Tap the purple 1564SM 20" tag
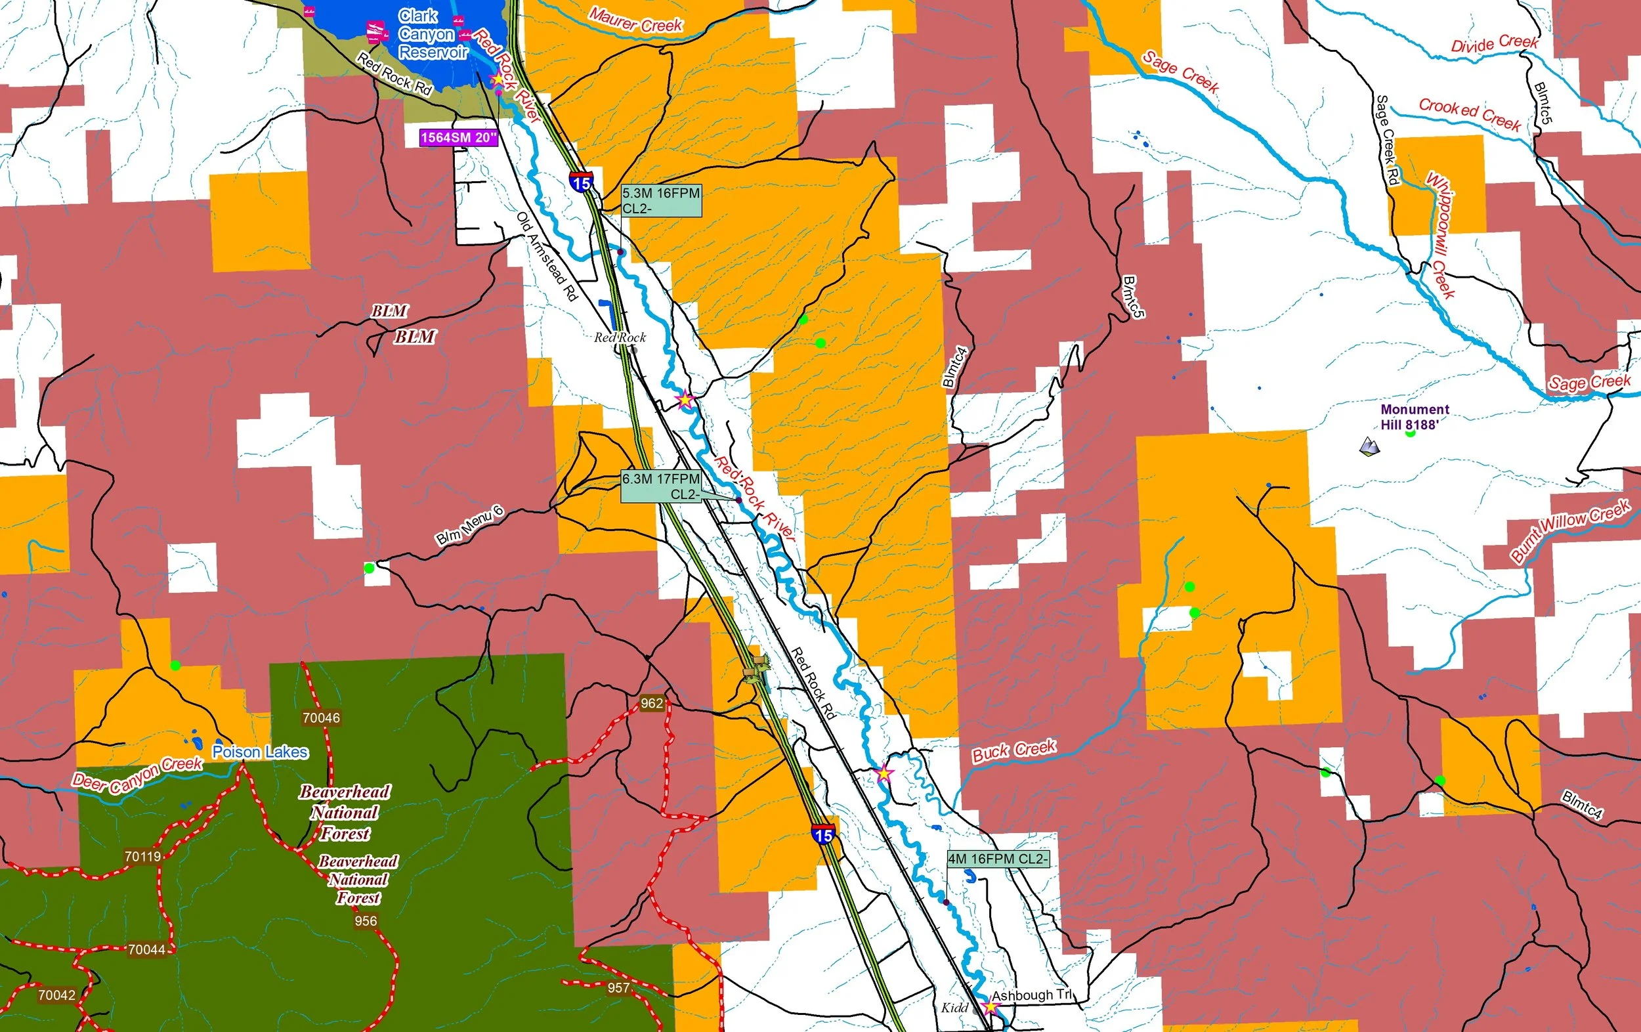pyautogui.click(x=459, y=138)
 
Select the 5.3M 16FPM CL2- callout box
pyautogui.click(x=660, y=200)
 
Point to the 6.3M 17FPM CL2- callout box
pyautogui.click(x=660, y=486)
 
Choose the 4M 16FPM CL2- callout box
pyautogui.click(x=998, y=859)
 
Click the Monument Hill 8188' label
pyautogui.click(x=1413, y=416)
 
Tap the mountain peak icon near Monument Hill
pyautogui.click(x=1369, y=446)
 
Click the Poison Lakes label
pyautogui.click(x=261, y=752)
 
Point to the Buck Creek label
pyautogui.click(x=1014, y=750)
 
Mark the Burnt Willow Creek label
pyautogui.click(x=1570, y=529)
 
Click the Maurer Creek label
pyautogui.click(x=635, y=20)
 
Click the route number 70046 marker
pyautogui.click(x=321, y=718)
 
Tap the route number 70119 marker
pyautogui.click(x=142, y=856)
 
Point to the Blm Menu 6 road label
pyautogui.click(x=469, y=526)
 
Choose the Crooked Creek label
pyautogui.click(x=1469, y=114)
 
